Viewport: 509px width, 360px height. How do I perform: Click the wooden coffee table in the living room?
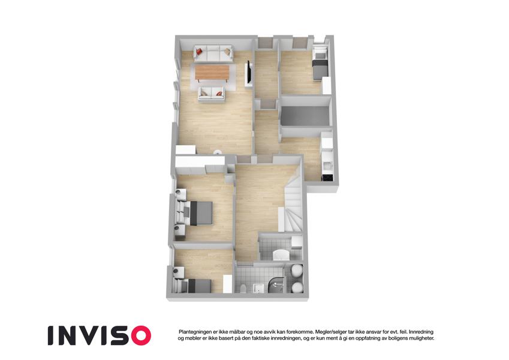[212, 72]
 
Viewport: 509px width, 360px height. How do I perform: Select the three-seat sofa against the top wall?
[213, 53]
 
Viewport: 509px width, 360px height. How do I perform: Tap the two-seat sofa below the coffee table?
[211, 94]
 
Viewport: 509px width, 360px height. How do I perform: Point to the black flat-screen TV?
[249, 72]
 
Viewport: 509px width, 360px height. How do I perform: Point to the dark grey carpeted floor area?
[305, 116]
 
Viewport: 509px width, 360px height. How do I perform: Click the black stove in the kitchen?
[327, 178]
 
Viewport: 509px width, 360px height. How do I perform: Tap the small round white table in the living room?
[218, 152]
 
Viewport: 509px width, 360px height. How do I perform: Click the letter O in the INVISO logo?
[139, 335]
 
